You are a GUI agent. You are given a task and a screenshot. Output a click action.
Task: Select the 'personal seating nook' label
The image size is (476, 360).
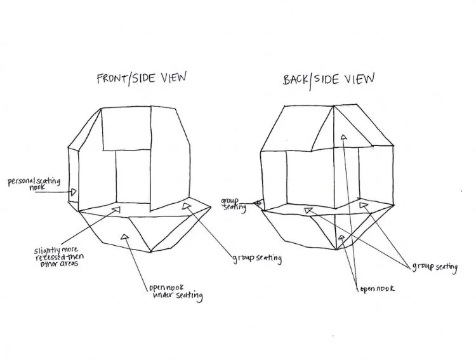(34, 184)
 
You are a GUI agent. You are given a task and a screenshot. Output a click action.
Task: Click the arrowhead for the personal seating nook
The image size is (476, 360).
(74, 191)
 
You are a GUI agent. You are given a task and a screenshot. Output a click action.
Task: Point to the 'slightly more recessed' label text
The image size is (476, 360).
(58, 255)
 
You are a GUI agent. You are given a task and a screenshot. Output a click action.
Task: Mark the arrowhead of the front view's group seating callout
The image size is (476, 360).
(186, 205)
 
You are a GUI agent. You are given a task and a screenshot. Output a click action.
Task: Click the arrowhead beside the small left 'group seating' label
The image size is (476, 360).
(256, 204)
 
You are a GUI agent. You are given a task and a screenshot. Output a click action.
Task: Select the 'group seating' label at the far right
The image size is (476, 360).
(434, 267)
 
